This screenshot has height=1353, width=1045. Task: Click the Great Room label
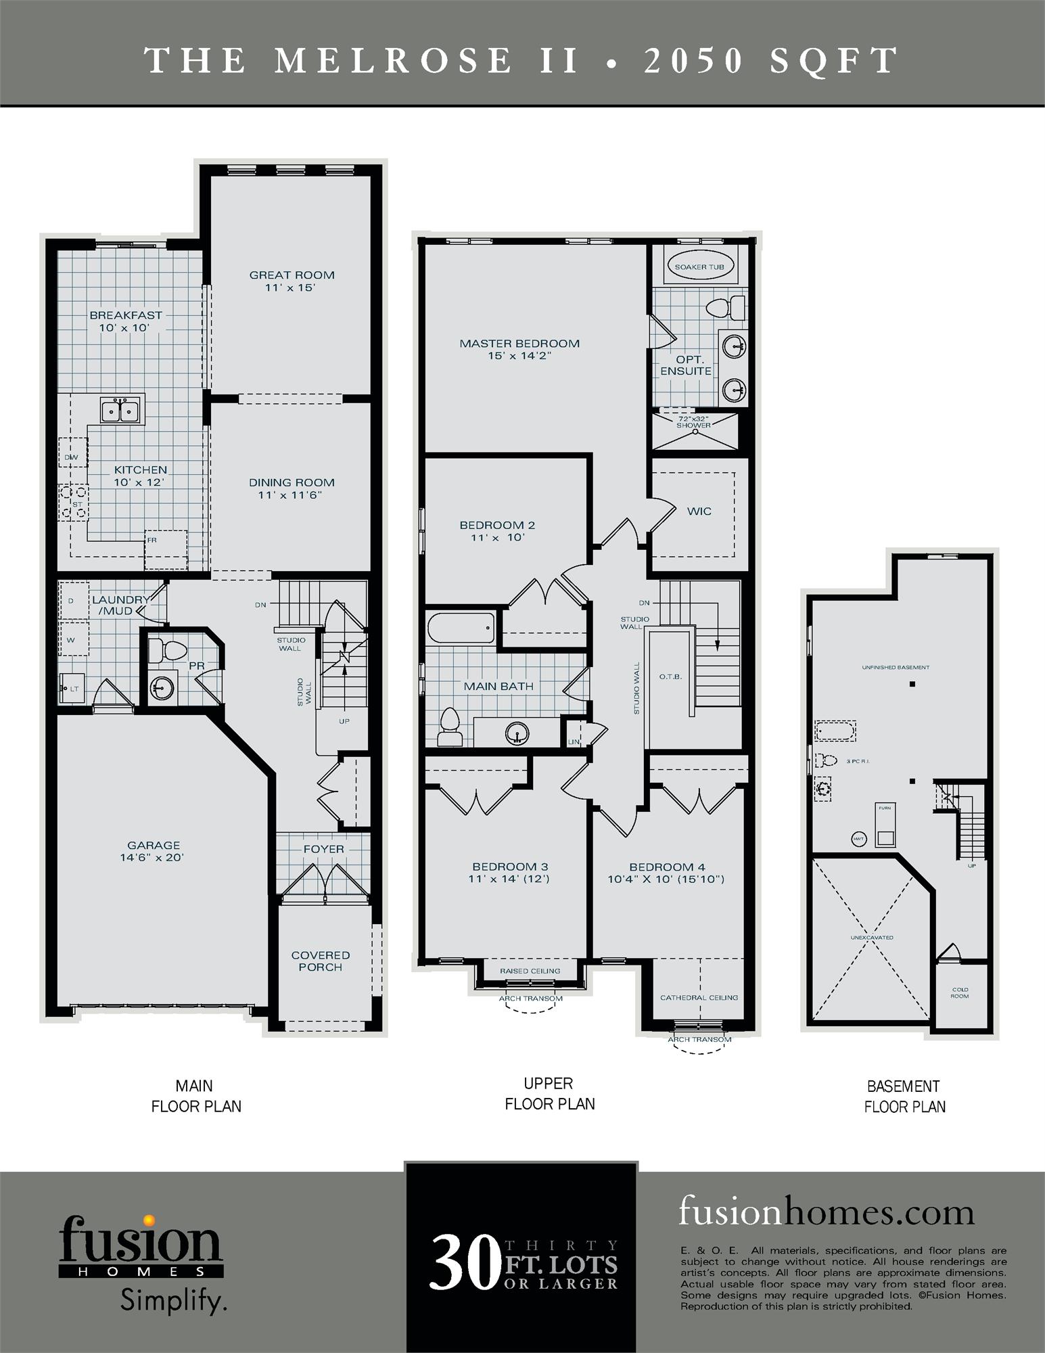292,275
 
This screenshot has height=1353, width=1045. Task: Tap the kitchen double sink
120,410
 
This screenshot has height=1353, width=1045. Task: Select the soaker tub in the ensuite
699,267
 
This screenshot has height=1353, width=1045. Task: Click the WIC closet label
699,511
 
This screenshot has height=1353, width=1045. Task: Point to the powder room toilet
166,651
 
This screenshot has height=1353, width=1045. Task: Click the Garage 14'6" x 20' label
154,851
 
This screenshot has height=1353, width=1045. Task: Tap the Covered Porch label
321,961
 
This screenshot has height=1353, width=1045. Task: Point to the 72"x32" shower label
694,422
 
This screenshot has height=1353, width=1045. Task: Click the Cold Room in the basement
959,992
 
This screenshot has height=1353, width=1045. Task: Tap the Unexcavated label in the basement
872,938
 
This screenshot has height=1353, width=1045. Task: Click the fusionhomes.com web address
827,1211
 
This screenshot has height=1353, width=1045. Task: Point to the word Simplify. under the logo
173,1300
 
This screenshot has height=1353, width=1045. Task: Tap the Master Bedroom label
519,344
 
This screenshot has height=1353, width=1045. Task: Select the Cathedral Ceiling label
699,997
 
